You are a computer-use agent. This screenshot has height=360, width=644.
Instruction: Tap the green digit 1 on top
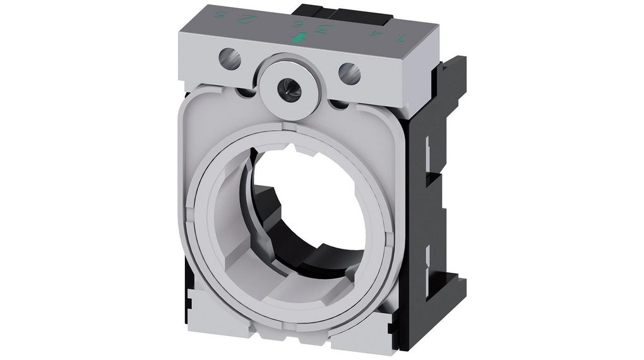(x=398, y=40)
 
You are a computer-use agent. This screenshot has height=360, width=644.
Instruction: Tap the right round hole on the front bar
(x=350, y=73)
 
